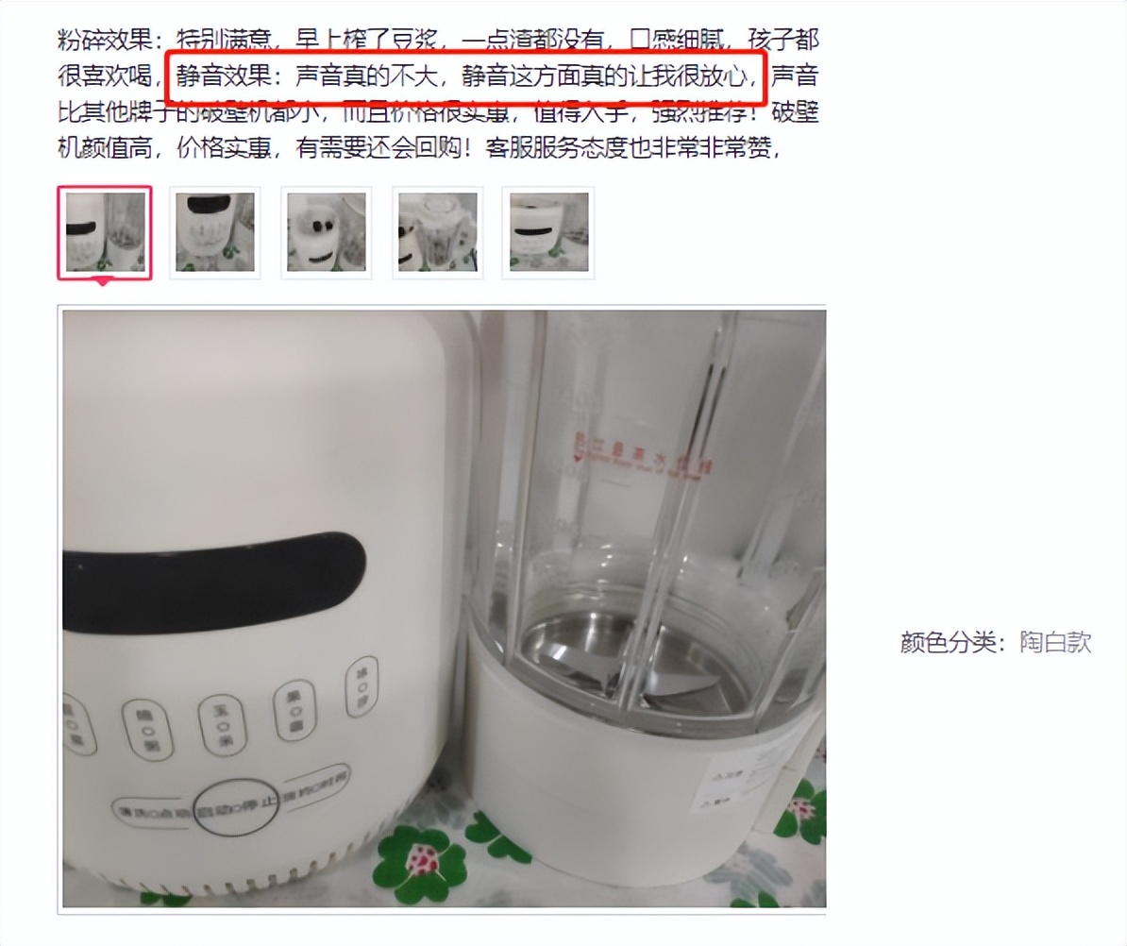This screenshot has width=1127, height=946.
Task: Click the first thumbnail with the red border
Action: pyautogui.click(x=105, y=232)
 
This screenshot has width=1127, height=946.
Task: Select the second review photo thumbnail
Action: pyautogui.click(x=215, y=232)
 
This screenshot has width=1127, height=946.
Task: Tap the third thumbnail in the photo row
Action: pyautogui.click(x=327, y=232)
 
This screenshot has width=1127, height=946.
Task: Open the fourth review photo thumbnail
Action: pyautogui.click(x=438, y=232)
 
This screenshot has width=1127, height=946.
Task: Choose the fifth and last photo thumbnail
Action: pyautogui.click(x=548, y=232)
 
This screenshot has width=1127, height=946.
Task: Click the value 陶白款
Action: pyautogui.click(x=1055, y=643)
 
